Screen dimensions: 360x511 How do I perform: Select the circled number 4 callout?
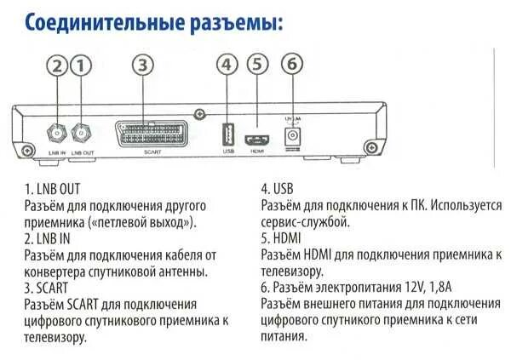tap(226, 65)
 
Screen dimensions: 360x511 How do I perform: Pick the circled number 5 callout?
tap(258, 65)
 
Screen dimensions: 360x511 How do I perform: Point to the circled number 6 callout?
tap(292, 65)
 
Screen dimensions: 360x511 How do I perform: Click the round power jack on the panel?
tap(293, 134)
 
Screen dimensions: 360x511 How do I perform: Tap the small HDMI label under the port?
tap(258, 151)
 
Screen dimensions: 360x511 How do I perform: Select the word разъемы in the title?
tap(237, 22)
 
